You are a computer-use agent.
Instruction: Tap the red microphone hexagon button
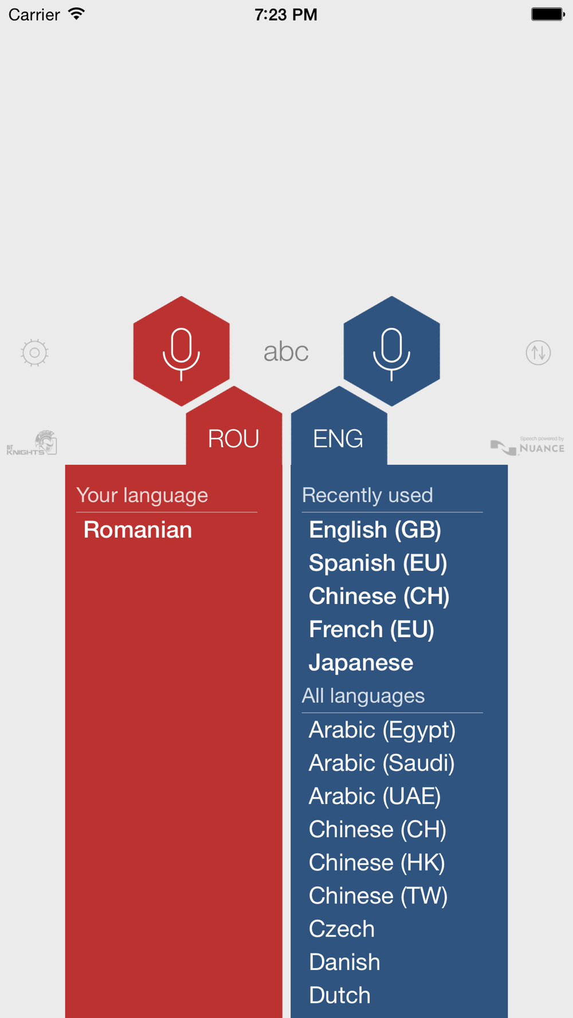[181, 351]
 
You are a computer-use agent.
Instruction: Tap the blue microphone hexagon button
[391, 351]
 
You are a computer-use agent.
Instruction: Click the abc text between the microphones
[286, 352]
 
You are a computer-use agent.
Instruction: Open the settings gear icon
[34, 353]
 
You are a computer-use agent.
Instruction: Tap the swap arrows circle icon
[538, 353]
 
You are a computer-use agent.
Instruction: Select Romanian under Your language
[138, 530]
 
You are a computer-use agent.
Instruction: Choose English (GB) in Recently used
[375, 530]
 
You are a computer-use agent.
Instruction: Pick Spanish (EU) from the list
[378, 563]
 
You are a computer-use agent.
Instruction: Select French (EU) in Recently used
[371, 630]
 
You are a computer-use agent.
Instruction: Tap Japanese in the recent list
[361, 663]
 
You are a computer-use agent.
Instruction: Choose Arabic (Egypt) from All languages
[382, 730]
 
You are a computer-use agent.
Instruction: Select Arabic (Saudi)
[382, 763]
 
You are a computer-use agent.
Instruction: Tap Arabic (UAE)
[375, 796]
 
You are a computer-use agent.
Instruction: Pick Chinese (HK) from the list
[377, 863]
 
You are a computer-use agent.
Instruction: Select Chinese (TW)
[378, 896]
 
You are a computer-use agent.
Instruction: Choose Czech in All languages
[342, 929]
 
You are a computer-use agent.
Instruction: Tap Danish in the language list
[344, 962]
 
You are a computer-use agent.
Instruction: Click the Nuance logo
[528, 445]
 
